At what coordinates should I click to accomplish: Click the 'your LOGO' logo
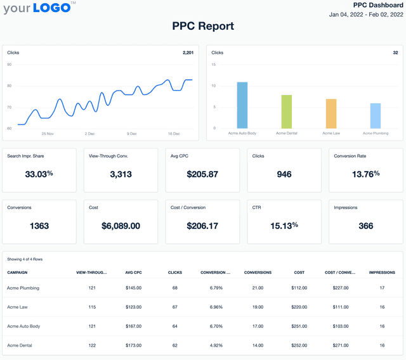pos(39,8)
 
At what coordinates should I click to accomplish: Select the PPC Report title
pos(203,26)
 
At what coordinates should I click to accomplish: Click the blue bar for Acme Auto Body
pos(242,105)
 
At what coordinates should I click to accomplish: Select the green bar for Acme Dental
pos(286,112)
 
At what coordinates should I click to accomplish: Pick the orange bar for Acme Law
pos(331,113)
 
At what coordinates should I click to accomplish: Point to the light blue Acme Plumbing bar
pos(376,116)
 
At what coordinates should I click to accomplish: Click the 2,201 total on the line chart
pos(188,53)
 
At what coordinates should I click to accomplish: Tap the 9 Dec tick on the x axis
pos(132,134)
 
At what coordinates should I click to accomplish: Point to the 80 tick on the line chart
pos(10,86)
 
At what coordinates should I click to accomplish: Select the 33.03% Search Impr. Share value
pos(39,174)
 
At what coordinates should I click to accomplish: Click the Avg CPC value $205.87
pos(202,174)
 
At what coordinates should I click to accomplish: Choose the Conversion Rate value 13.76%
pos(366,174)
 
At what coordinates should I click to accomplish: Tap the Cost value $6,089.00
pos(121,226)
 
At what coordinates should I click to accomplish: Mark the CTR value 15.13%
pos(284,226)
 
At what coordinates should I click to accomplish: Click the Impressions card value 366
pos(366,226)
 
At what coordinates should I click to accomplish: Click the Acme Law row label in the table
pos(19,307)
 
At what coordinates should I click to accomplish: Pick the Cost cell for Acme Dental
pos(299,345)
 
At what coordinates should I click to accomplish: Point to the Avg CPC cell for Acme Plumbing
pos(133,288)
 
